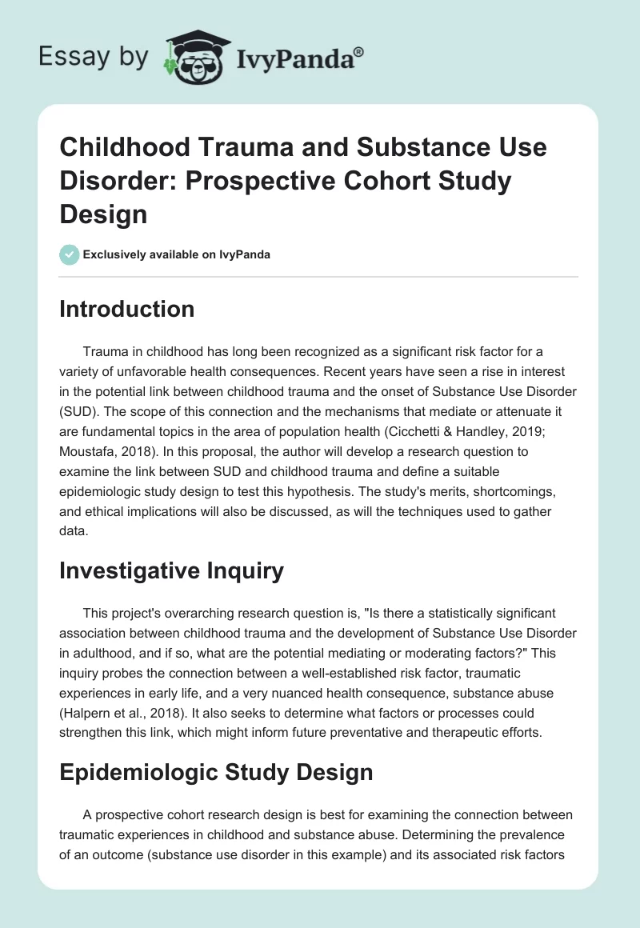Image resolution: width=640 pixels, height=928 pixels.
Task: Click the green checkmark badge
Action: coord(69,254)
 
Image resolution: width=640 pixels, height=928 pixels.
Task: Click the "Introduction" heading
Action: coord(126,309)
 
